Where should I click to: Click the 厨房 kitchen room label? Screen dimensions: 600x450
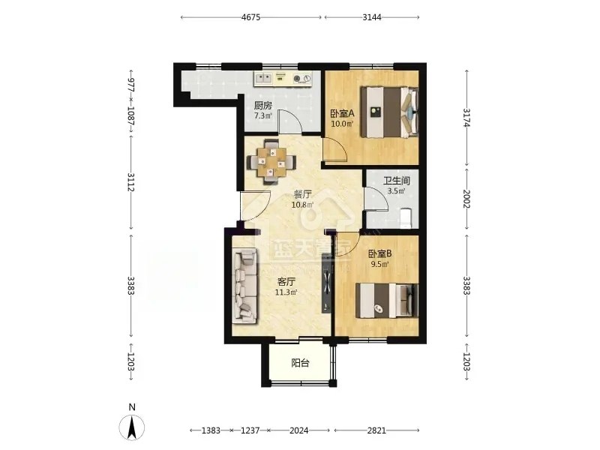click(x=263, y=106)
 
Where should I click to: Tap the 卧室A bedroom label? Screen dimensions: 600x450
click(x=343, y=113)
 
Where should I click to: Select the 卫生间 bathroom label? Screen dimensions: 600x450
click(x=397, y=181)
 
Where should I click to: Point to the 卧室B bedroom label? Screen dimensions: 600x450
click(x=379, y=253)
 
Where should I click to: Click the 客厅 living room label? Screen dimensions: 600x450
click(x=286, y=283)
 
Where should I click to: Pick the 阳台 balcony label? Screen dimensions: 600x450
click(x=300, y=363)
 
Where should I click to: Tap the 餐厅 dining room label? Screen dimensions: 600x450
click(x=302, y=194)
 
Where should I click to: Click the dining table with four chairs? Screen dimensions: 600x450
click(x=271, y=162)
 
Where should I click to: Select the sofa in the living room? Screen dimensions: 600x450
click(x=245, y=285)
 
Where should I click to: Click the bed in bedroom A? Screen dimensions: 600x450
click(x=389, y=112)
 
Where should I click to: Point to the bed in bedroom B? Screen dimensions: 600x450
click(x=387, y=301)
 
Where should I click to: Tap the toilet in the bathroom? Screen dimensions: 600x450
click(x=406, y=218)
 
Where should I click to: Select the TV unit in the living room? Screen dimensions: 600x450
click(x=326, y=283)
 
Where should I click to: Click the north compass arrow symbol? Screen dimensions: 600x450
click(x=132, y=427)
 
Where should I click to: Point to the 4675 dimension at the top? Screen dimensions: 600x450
click(x=251, y=17)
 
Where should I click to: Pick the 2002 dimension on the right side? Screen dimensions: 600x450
click(x=466, y=199)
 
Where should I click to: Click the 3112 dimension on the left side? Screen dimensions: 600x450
click(x=130, y=182)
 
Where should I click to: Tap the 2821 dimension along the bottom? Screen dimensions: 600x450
click(x=377, y=430)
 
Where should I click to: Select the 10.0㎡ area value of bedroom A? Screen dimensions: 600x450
click(x=342, y=124)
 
